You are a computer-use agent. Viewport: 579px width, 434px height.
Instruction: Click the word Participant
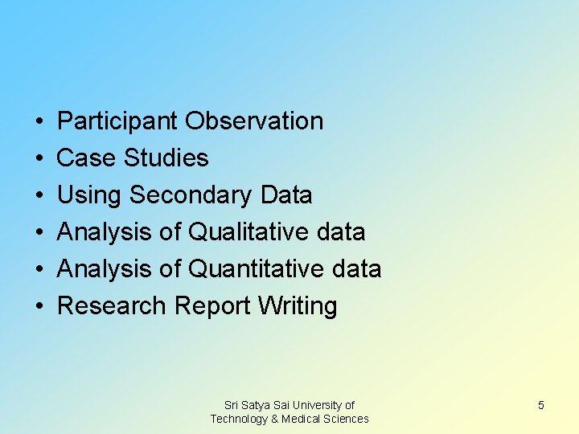(x=118, y=121)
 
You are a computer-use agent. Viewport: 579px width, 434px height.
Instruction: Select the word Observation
(x=254, y=121)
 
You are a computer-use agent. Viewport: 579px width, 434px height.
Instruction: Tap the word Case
(x=88, y=158)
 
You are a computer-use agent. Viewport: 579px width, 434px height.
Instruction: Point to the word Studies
(x=166, y=158)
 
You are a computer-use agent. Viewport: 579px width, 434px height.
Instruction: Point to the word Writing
(x=298, y=306)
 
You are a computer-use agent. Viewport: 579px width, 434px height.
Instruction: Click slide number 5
(x=541, y=405)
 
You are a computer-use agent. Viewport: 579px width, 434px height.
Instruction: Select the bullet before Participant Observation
(x=39, y=122)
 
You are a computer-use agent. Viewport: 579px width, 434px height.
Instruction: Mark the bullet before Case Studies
(x=39, y=159)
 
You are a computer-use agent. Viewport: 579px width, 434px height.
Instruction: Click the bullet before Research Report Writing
(x=39, y=307)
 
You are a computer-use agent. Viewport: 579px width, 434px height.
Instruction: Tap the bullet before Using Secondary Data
(x=39, y=196)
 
